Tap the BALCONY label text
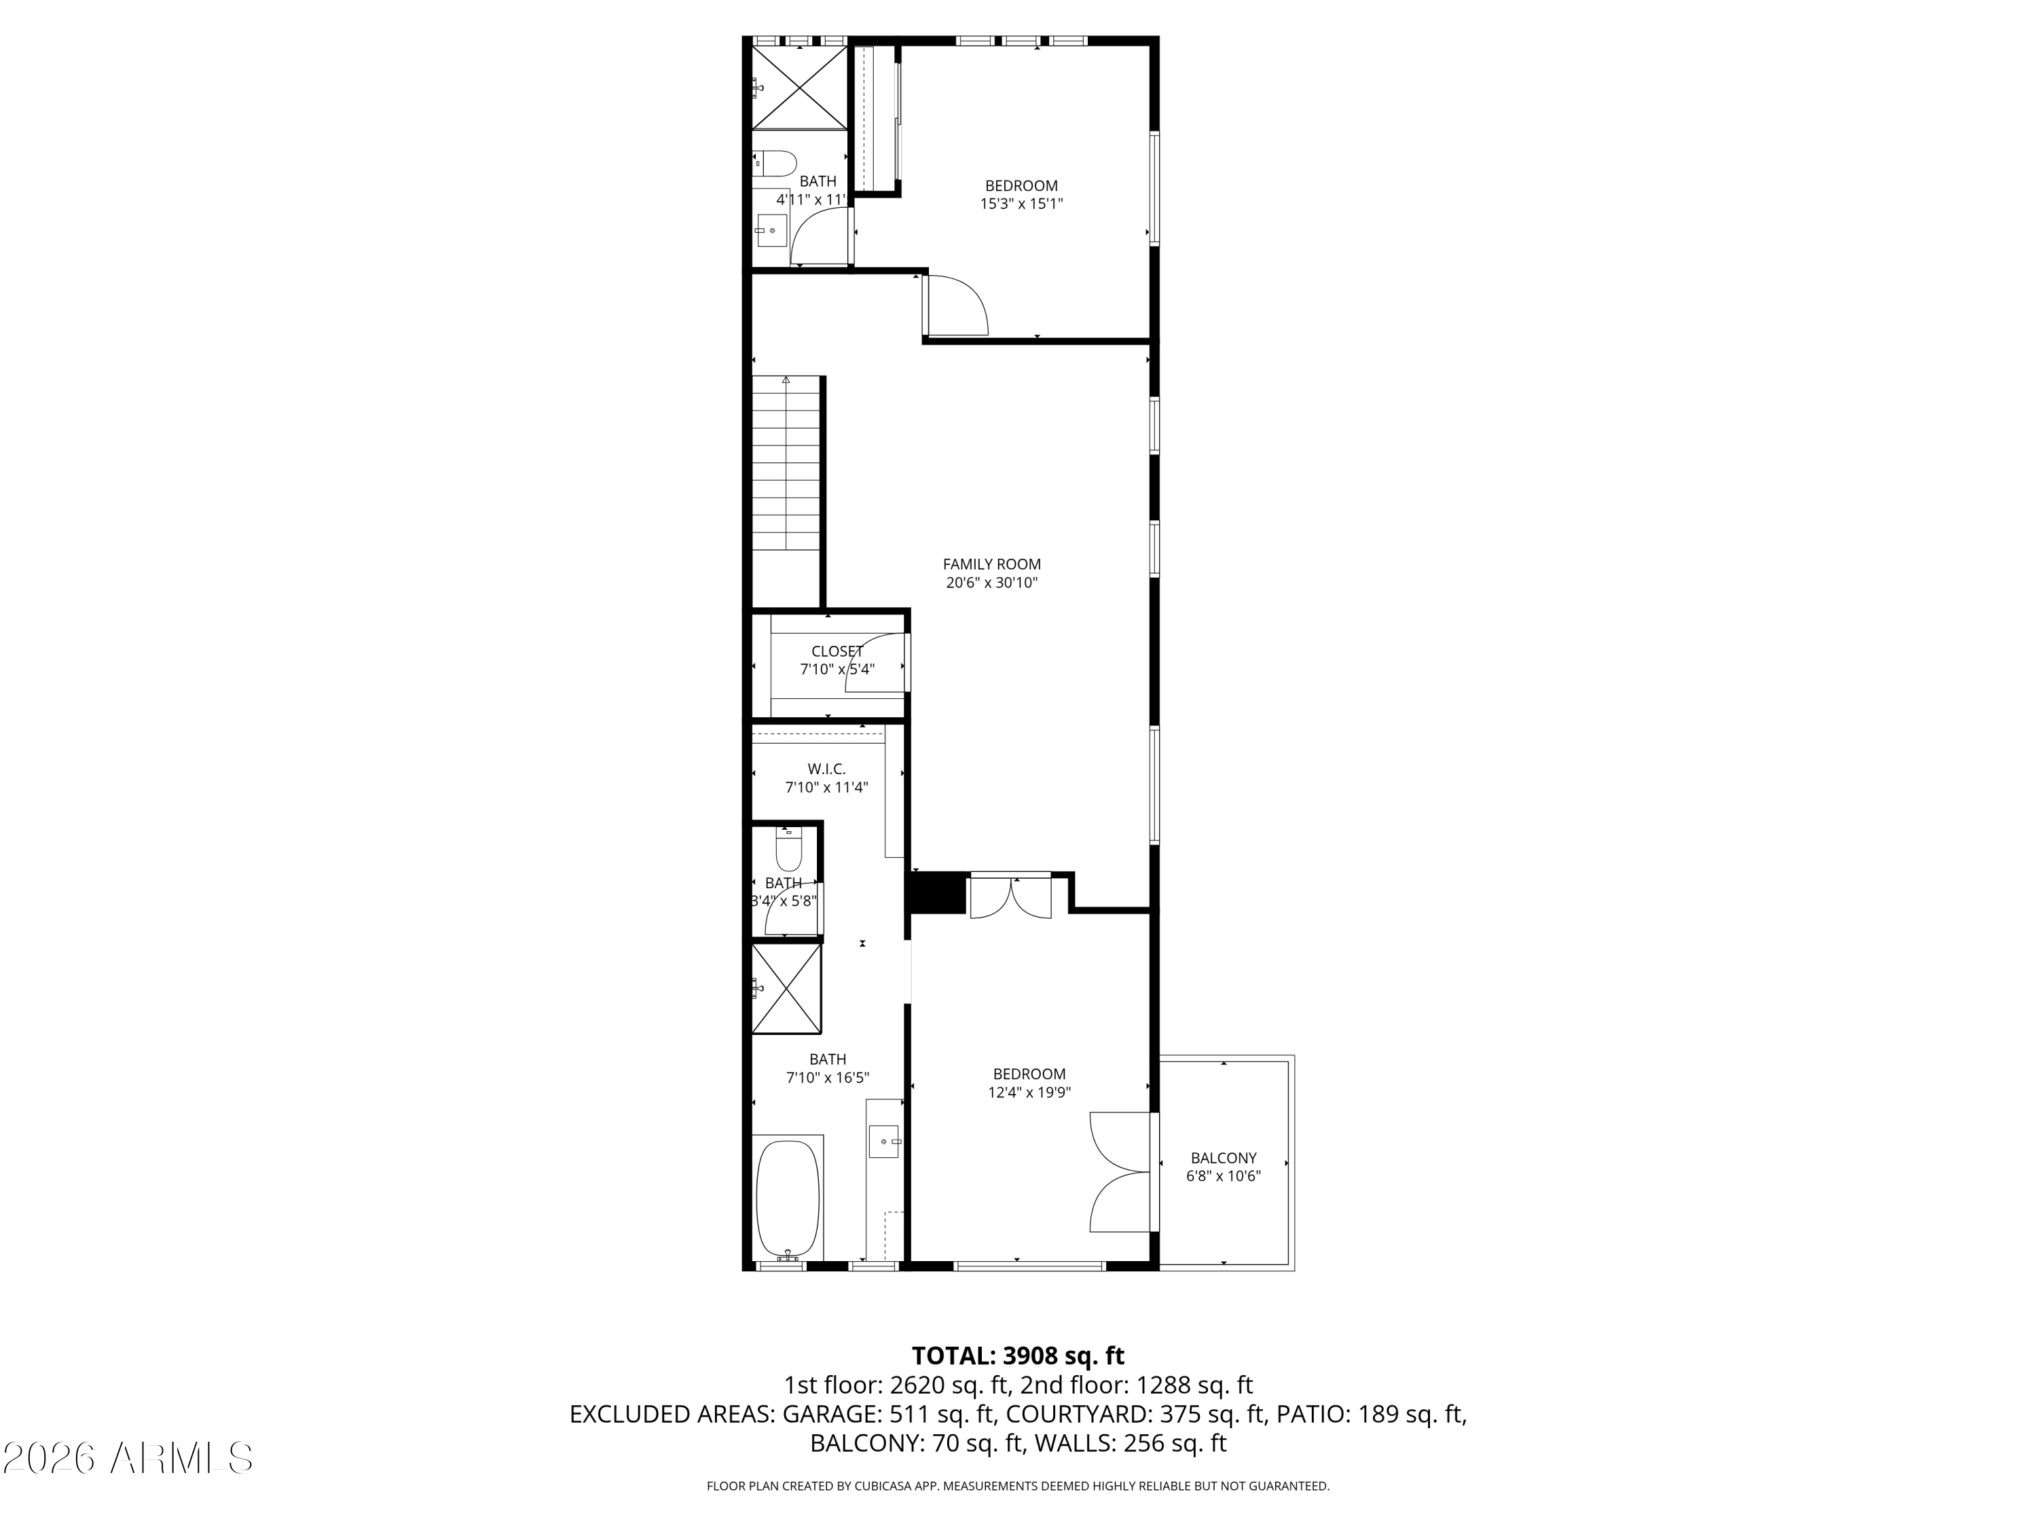point(1223,1158)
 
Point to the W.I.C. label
point(826,769)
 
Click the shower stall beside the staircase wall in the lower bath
point(786,988)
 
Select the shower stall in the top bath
point(799,88)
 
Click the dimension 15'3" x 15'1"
point(1021,204)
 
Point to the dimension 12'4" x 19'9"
point(1029,1092)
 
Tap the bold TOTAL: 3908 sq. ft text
point(1018,1356)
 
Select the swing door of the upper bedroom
point(957,306)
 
